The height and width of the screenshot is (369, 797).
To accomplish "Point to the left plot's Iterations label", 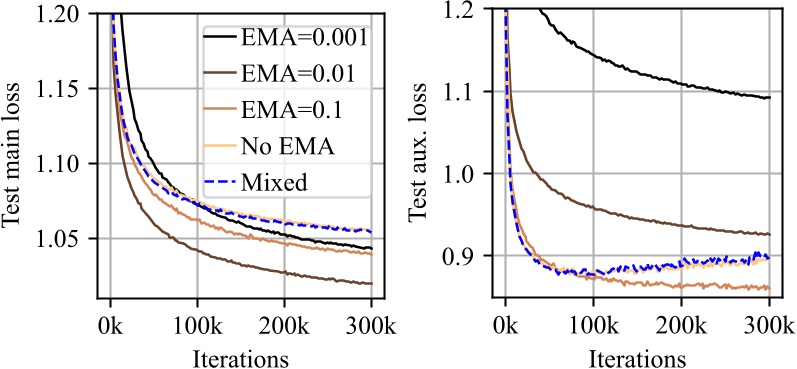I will tap(241, 355).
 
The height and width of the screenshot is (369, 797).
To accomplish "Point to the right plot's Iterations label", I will tap(636, 355).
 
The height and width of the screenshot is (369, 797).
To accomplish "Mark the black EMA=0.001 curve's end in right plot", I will tap(767, 98).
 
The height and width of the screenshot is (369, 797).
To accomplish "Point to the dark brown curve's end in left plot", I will tap(371, 283).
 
